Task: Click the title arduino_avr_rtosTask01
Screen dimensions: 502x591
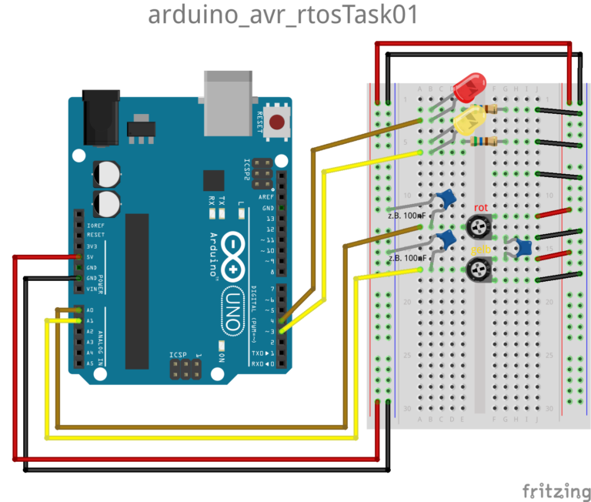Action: pyautogui.click(x=282, y=15)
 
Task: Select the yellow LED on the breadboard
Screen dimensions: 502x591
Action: pyautogui.click(x=470, y=121)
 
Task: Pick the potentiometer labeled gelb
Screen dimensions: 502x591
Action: pyautogui.click(x=480, y=269)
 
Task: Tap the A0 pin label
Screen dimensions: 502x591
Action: pyautogui.click(x=89, y=310)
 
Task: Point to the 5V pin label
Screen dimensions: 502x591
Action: pyautogui.click(x=89, y=256)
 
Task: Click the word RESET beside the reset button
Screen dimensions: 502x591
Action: pyautogui.click(x=260, y=122)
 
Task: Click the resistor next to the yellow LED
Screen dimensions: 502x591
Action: pyautogui.click(x=486, y=141)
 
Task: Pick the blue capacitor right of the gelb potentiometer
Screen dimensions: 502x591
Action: pyautogui.click(x=524, y=248)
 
